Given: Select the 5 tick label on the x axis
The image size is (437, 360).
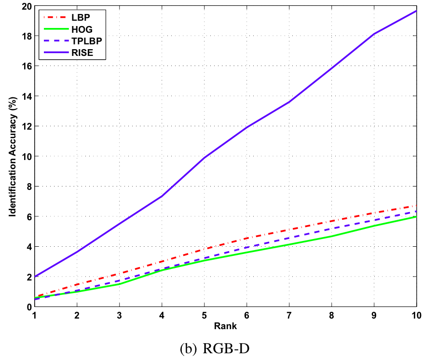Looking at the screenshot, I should click(x=205, y=316).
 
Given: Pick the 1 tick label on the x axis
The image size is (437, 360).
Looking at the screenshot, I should click(x=35, y=316).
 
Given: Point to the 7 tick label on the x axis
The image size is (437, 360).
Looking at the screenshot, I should click(x=289, y=316).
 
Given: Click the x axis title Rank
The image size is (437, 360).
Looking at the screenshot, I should click(x=226, y=326).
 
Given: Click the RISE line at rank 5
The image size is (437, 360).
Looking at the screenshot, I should click(x=205, y=158).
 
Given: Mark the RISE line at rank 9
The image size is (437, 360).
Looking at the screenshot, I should click(x=374, y=34).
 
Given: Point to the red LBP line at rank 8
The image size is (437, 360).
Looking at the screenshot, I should click(x=331, y=221).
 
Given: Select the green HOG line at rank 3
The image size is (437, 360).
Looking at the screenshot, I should click(x=120, y=284).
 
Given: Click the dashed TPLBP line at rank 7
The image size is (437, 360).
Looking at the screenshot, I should click(x=289, y=238).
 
